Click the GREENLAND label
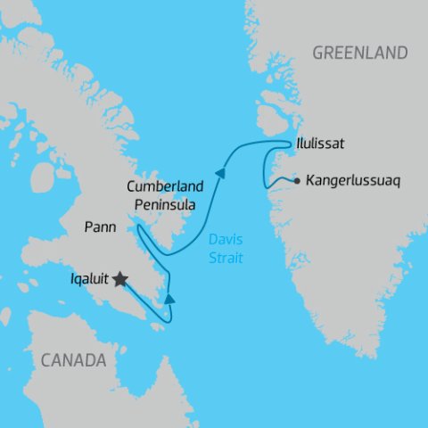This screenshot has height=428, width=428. click(x=359, y=53)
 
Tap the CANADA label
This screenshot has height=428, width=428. click(x=72, y=361)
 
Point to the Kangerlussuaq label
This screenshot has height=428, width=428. click(x=353, y=180)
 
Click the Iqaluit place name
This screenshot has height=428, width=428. click(x=88, y=279)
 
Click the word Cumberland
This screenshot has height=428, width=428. click(x=166, y=187)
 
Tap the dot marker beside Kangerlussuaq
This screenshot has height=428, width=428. click(x=295, y=180)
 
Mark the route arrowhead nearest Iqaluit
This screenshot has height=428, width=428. click(x=169, y=299)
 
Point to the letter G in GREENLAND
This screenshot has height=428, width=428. click(x=317, y=53)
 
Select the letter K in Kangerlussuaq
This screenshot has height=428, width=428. click(x=309, y=180)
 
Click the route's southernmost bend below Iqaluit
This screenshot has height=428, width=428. click(x=163, y=322)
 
